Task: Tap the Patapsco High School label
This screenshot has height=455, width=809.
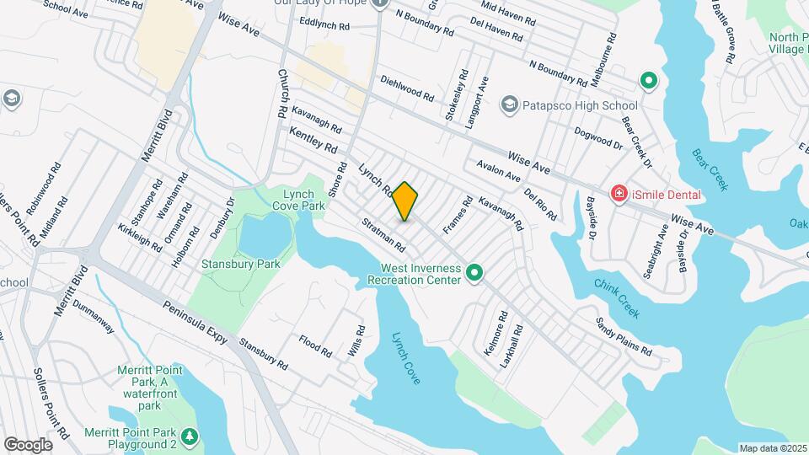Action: point(580,105)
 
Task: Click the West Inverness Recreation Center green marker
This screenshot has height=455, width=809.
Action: point(474,273)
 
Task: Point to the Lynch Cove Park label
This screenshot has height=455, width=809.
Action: point(298,200)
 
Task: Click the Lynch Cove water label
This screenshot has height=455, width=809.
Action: point(406,358)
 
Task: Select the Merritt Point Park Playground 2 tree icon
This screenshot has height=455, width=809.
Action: point(191,436)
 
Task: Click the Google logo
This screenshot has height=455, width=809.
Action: point(28,445)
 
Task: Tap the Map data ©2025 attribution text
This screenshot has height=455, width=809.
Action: point(773,448)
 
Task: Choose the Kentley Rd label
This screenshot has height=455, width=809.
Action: point(313,141)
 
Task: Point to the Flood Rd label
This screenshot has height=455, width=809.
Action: point(315,345)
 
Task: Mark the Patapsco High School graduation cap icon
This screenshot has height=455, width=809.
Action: point(508,104)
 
